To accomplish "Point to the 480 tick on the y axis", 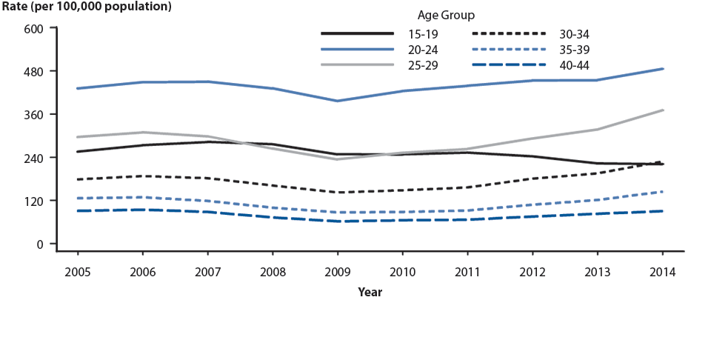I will [36, 71].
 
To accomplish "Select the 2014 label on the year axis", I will [662, 272].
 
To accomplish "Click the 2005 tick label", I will [77, 272].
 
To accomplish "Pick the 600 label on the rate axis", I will [36, 28].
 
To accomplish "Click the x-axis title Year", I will [370, 293].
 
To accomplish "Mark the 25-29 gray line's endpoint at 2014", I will [662, 110].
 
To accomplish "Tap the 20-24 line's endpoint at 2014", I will [662, 69].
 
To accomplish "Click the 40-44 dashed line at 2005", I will [77, 211].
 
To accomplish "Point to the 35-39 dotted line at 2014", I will [662, 192].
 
